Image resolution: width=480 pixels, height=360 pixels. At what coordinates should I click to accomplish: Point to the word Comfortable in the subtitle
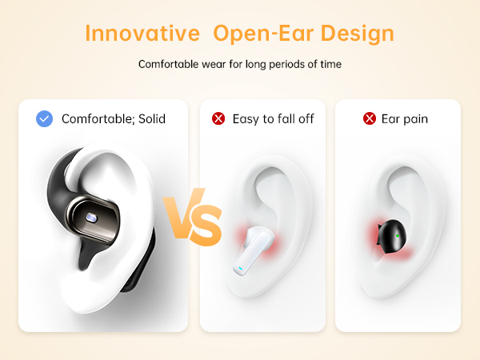coord(169,64)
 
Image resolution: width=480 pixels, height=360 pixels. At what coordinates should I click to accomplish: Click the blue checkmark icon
coord(45,118)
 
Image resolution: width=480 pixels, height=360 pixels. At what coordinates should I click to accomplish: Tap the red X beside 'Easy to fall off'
coord(218,118)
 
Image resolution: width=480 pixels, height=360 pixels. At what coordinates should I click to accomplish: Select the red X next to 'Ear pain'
coord(370,118)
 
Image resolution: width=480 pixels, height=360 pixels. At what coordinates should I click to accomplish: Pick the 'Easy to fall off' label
coord(273,118)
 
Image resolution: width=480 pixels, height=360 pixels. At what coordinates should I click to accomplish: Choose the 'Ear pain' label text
coord(405,118)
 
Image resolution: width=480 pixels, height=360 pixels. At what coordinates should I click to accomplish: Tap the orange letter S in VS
coord(206,226)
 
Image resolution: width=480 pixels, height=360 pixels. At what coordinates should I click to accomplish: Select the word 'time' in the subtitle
coord(330,64)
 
